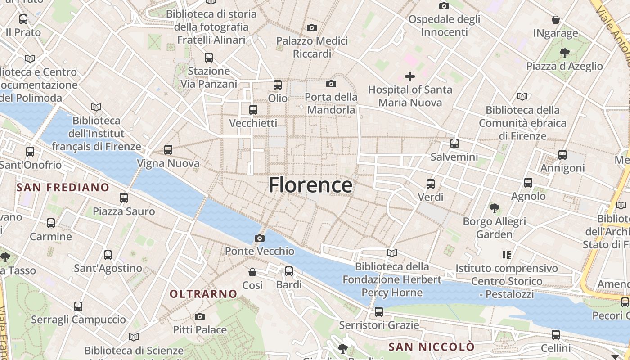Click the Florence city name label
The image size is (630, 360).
(310, 185)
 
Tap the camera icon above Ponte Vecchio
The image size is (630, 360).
(260, 238)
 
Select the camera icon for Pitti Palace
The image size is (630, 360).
(200, 317)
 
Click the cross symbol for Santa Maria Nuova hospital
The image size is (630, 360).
(409, 76)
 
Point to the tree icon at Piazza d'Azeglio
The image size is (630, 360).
(564, 53)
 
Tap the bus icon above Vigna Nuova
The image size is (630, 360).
(168, 150)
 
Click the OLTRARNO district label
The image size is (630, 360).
(203, 294)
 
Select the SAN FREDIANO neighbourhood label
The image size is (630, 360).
(63, 187)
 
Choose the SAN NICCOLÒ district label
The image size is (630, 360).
(432, 347)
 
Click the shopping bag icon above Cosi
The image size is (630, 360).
(252, 272)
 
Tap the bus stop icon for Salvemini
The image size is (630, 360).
(454, 144)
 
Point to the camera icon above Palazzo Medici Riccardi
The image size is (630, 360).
(311, 28)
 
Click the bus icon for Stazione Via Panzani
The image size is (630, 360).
(208, 58)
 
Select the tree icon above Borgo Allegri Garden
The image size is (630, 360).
(494, 208)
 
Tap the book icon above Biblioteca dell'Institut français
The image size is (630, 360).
(96, 107)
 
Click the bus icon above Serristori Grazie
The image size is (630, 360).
(378, 311)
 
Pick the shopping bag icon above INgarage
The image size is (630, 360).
(556, 20)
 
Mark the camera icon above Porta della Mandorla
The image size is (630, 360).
(331, 84)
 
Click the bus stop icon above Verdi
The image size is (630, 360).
(430, 184)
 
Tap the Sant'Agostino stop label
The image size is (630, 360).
(108, 269)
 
